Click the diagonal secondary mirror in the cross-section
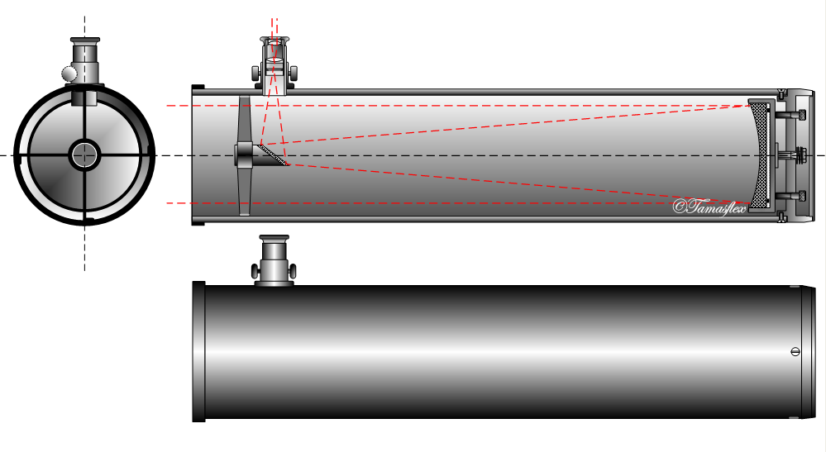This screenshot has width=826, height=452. [273, 155]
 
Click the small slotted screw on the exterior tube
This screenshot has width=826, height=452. [795, 351]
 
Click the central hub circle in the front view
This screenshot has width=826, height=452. [84, 155]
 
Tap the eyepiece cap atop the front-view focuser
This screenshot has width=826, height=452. [84, 40]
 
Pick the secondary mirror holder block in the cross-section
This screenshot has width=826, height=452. [246, 154]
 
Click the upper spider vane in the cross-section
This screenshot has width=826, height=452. [244, 120]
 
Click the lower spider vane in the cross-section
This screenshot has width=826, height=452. [244, 190]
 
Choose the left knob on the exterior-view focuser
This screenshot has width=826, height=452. [255, 270]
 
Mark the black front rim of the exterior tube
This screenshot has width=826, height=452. [198, 351]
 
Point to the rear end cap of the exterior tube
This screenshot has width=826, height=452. [807, 351]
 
